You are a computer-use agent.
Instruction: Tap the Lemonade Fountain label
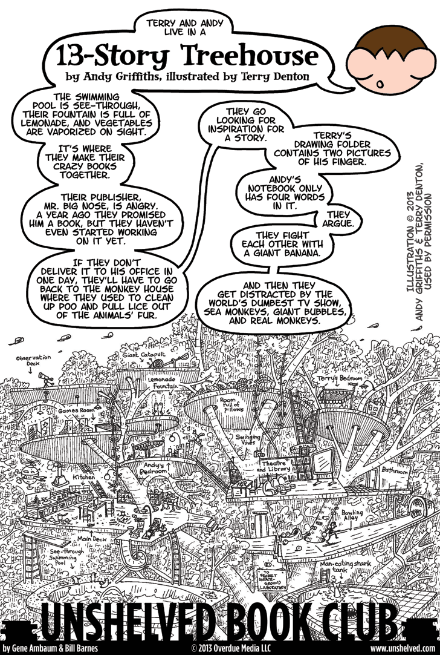pyautogui.click(x=169, y=381)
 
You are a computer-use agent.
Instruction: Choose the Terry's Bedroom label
pyautogui.click(x=341, y=378)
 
